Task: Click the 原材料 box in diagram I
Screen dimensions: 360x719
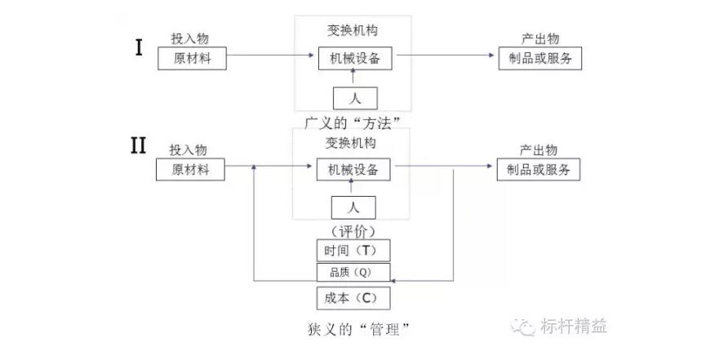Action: point(193,60)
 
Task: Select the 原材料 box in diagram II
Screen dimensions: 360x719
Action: point(191,170)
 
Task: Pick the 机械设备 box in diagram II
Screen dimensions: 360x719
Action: point(353,170)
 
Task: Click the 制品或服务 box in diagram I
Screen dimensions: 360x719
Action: point(539,60)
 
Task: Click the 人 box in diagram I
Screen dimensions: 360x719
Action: point(354,98)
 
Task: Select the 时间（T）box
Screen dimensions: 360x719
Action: point(353,250)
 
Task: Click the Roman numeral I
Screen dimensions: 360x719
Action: point(139,47)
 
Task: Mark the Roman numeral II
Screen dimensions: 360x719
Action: point(138,146)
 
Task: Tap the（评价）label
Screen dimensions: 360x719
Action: point(353,230)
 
